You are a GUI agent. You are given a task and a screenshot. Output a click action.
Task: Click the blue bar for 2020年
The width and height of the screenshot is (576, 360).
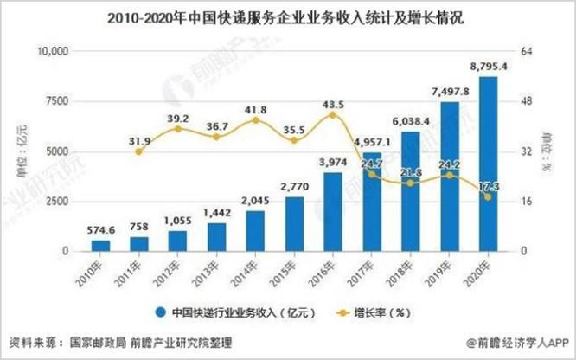pyautogui.click(x=488, y=164)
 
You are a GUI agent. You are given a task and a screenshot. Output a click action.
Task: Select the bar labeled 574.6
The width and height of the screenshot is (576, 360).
pyautogui.click(x=100, y=246)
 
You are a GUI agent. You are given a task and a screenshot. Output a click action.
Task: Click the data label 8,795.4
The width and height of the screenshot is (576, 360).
pyautogui.click(x=488, y=66)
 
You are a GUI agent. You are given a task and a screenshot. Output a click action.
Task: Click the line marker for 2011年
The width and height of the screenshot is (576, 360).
pyautogui.click(x=138, y=151)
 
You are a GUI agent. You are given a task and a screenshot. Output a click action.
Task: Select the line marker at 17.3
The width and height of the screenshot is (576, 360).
pyautogui.click(x=488, y=196)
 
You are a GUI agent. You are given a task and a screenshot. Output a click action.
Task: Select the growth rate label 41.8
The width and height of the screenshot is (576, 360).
pyautogui.click(x=255, y=109)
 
